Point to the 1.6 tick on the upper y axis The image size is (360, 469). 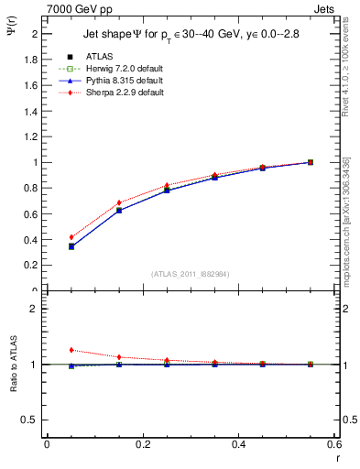pos(33,85)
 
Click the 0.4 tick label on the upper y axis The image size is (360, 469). pos(33,240)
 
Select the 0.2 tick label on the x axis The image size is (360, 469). pos(142,444)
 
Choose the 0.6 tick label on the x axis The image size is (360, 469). pos(333,444)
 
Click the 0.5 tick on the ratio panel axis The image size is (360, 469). pos(33,420)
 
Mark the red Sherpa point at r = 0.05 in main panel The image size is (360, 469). pos(71,237)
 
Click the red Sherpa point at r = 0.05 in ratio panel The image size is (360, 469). pos(71,350)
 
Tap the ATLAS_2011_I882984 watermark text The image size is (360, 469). pos(190,274)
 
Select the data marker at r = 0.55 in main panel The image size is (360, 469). pos(311,162)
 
